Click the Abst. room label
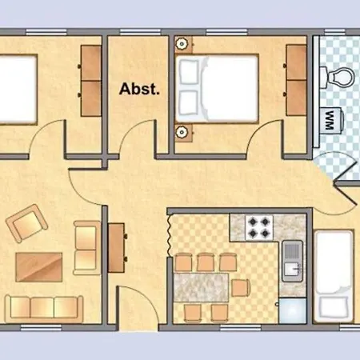(139, 89)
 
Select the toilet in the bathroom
(337, 78)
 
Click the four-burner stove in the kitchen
(258, 227)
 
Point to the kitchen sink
(293, 261)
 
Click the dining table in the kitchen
(201, 287)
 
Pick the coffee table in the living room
(39, 267)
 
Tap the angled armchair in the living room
(26, 223)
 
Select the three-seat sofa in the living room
(44, 309)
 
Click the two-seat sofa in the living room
(86, 248)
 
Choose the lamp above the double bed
(182, 43)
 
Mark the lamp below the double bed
(182, 131)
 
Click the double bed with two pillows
(217, 89)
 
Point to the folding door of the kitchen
(170, 234)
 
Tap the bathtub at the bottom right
(334, 277)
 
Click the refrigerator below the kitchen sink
(293, 311)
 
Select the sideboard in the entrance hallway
(117, 248)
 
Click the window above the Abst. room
(140, 32)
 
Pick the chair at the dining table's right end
(241, 288)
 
